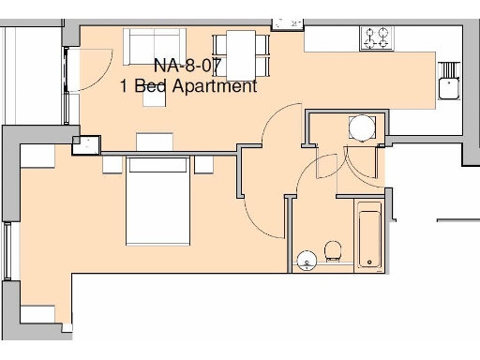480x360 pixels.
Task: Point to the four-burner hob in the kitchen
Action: click(377, 37)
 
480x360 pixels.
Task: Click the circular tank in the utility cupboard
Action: click(361, 127)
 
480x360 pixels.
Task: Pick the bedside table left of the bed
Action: click(112, 165)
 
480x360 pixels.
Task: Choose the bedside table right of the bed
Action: click(205, 165)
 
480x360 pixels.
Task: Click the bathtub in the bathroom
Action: click(367, 235)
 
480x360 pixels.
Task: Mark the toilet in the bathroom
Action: click(332, 251)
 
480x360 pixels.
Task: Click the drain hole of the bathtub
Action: click(367, 260)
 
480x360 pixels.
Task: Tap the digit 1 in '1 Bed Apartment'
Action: click(125, 86)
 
